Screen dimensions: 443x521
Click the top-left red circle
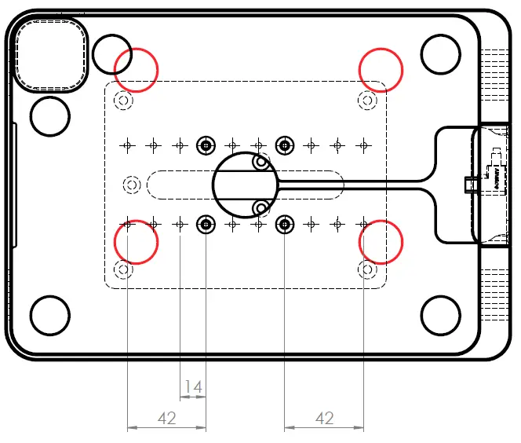click(136, 69)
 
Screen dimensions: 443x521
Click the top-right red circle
click(381, 69)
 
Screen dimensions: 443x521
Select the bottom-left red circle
click(136, 242)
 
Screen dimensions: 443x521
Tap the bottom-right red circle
click(381, 242)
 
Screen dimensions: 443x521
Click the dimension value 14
click(193, 386)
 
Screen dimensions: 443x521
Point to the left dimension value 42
click(166, 419)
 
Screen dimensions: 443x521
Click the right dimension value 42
click(324, 419)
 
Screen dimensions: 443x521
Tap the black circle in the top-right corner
click(440, 53)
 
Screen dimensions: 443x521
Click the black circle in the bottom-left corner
click(50, 314)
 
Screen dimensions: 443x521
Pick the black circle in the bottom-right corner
click(440, 315)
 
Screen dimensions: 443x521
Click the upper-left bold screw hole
click(206, 145)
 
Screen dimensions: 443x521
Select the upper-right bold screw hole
click(285, 145)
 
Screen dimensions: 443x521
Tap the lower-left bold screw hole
click(206, 225)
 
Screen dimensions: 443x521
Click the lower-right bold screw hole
click(285, 225)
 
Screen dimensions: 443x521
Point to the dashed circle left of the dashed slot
click(131, 184)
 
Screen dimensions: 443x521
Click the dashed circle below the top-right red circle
click(366, 100)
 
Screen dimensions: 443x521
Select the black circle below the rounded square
click(50, 115)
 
